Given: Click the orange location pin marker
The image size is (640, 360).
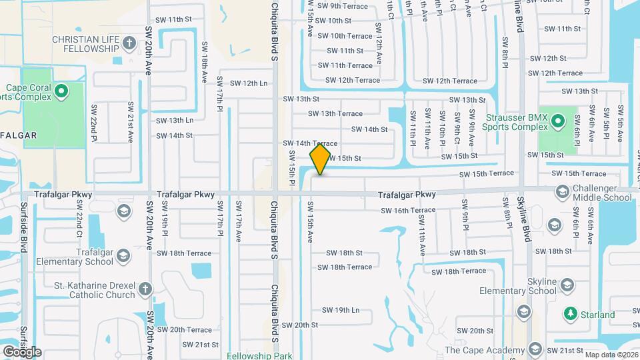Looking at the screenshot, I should (x=321, y=159).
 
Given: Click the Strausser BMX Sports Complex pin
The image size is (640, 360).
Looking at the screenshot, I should (x=559, y=121).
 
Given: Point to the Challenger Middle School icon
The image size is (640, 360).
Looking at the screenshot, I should (x=562, y=193).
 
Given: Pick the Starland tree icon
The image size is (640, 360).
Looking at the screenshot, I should (x=570, y=314).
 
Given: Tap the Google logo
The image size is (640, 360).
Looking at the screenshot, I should (x=22, y=351).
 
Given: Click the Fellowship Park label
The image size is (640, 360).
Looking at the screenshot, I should (x=259, y=355).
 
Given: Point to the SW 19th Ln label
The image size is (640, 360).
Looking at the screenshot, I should (x=341, y=310).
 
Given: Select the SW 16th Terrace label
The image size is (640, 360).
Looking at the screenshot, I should (x=408, y=210).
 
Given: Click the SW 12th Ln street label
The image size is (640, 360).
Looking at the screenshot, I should (x=249, y=83).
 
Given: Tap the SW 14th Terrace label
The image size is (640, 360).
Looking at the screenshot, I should (x=310, y=143).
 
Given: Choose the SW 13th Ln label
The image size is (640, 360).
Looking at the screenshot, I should (x=175, y=121).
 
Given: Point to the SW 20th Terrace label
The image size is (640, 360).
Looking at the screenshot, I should (x=185, y=329).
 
